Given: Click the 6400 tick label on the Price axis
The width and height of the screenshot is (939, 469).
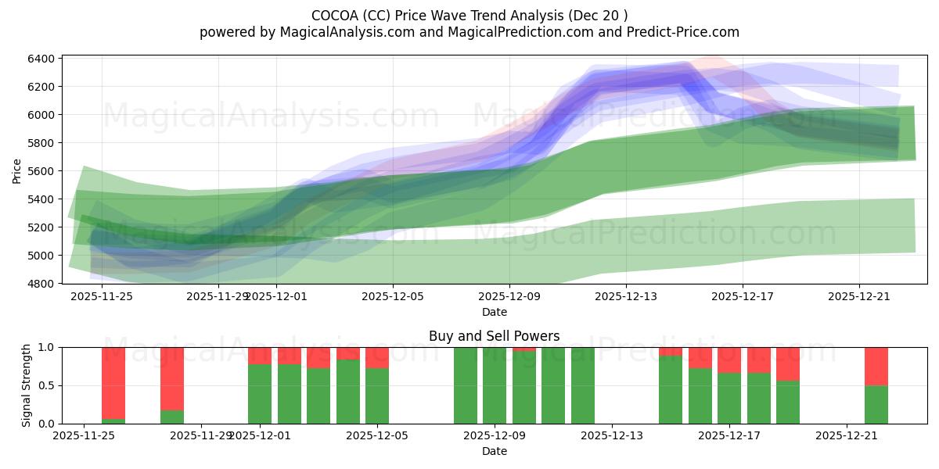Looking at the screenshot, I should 41,59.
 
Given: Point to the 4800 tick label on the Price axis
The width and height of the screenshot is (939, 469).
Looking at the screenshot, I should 41,284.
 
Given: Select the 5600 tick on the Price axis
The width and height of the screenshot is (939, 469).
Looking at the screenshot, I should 41,171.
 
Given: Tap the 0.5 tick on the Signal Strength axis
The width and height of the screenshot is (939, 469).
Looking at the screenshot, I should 46,385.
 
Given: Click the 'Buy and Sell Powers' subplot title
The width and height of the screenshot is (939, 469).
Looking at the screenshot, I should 494,336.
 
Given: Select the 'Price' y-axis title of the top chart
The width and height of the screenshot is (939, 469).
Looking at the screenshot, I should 17,170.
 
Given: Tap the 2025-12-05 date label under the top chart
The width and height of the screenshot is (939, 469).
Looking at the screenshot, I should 393,296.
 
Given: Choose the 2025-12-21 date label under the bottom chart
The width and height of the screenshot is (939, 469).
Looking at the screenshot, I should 847,436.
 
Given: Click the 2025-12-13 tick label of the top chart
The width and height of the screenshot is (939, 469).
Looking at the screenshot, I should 626,296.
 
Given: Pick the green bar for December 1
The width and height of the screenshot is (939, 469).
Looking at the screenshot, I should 260,394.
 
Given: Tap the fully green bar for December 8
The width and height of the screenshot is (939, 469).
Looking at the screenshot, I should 466,385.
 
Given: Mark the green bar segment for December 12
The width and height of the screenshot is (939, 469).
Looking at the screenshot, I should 583,385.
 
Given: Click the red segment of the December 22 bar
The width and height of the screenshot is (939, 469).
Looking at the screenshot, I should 876,366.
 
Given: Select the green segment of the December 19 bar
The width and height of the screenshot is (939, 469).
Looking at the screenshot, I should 788,402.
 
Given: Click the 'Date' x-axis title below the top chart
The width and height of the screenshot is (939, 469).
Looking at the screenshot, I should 494,312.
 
